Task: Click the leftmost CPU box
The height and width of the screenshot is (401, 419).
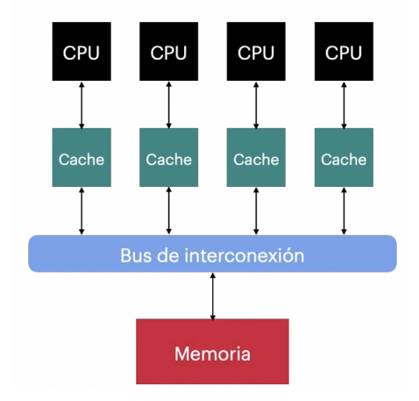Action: point(82,51)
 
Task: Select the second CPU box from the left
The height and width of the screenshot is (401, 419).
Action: point(168,51)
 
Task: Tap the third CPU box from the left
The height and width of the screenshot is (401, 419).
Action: point(256,51)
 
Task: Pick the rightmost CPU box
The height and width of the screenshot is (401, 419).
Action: point(344,51)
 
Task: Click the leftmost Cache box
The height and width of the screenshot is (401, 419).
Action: point(82,157)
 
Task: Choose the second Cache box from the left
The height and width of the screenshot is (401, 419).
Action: point(168,157)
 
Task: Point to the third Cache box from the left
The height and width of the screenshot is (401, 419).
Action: point(256,157)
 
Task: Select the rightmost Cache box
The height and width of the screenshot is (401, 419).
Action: point(344,157)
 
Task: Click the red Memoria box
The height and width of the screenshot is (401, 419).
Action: point(212,351)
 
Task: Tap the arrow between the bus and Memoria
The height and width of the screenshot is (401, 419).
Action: point(213,296)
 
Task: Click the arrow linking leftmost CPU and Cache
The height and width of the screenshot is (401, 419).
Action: point(82,105)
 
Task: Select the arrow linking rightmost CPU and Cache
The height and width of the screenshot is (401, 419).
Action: point(344,105)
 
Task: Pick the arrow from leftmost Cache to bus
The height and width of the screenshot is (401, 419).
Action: point(82,211)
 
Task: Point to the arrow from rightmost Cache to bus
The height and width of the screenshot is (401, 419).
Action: point(344,211)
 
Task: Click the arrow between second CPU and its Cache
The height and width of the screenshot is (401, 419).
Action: point(168,105)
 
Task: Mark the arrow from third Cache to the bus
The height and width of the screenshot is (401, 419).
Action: point(256,211)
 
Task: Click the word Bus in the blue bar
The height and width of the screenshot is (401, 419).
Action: point(136,255)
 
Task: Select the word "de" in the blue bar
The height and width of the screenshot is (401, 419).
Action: point(167,255)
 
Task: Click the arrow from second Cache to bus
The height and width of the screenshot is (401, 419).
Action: point(168,211)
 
